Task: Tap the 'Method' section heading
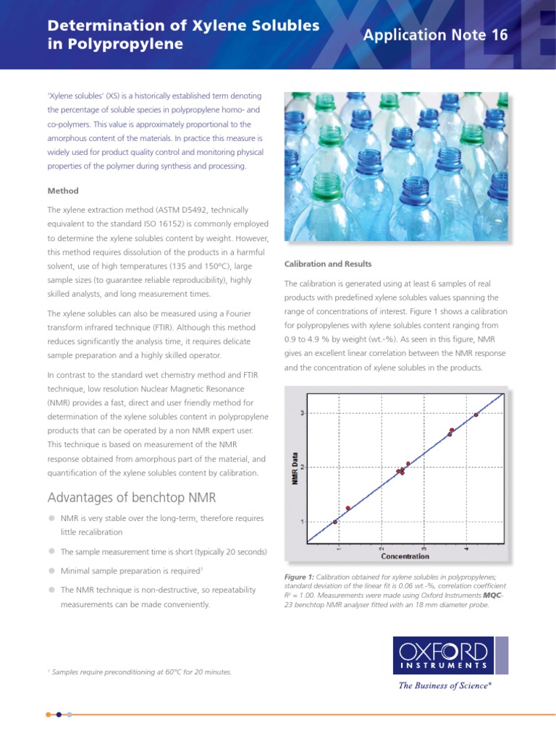pos(62,191)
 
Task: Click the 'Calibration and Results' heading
pos(328,264)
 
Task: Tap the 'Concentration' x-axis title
pos(405,556)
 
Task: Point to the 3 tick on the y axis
pos(301,413)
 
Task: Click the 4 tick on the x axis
pos(467,548)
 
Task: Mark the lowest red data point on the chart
pos(334,522)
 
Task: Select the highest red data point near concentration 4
pos(476,415)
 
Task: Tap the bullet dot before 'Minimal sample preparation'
pos(51,570)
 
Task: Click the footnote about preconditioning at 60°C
pos(141,672)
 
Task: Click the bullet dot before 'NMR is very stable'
pos(51,518)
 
